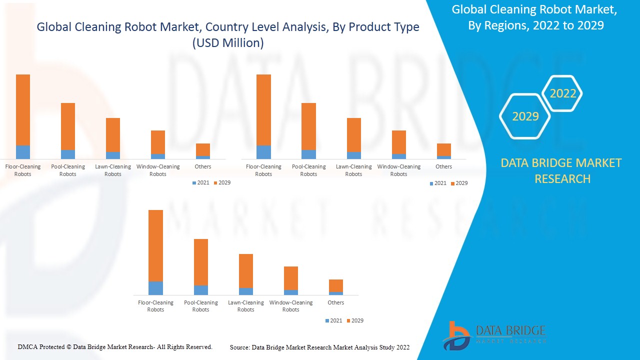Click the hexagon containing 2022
[x=563, y=93]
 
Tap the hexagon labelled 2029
[x=525, y=116]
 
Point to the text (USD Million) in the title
[x=228, y=43]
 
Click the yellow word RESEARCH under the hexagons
[x=562, y=178]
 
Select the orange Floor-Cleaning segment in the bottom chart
[x=155, y=245]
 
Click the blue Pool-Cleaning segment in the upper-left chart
[x=68, y=154]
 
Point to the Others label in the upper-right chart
[x=443, y=166]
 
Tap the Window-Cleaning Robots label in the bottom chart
[x=290, y=306]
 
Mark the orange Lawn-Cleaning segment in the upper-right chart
[x=353, y=134]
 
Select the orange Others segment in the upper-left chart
[x=203, y=149]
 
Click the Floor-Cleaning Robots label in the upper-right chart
[x=263, y=170]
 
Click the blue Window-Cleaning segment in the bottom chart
[x=290, y=292]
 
